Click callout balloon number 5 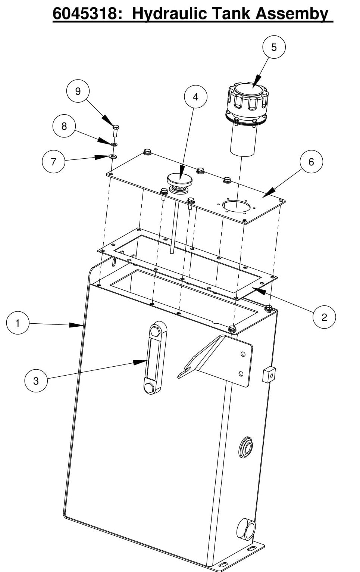point(274,47)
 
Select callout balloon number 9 point(78,91)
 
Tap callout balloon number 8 point(64,126)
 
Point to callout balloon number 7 point(53,162)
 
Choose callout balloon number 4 point(195,97)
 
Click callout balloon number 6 point(311,162)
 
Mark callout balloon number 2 point(324,317)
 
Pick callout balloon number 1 point(18,323)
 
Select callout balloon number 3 point(36,381)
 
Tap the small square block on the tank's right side point(269,374)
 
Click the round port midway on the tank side point(245,446)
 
